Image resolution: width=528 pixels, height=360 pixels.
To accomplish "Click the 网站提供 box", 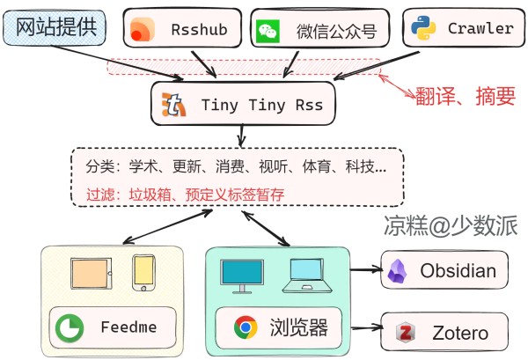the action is (55, 27).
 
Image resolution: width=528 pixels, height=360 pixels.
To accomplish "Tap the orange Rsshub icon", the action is (143, 29).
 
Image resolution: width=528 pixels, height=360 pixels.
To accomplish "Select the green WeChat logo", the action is (268, 32).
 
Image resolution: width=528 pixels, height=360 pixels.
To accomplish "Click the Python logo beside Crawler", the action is (423, 27).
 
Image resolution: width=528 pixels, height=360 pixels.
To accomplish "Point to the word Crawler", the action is (480, 28).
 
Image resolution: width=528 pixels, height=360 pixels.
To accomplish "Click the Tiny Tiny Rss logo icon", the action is (173, 105).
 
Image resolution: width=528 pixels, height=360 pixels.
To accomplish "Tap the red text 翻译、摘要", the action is (466, 96).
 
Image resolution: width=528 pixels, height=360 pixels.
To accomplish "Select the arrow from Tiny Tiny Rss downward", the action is (241, 136).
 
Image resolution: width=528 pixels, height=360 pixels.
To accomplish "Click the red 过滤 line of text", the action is (185, 195).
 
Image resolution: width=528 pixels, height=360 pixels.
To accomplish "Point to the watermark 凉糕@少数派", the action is (451, 225).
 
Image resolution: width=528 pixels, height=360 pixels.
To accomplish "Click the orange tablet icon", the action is (92, 274).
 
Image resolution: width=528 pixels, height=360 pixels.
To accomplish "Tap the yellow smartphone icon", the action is (143, 273).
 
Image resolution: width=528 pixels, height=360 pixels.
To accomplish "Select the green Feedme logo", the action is (70, 327).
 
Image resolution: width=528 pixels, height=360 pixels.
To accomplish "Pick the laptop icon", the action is (307, 276).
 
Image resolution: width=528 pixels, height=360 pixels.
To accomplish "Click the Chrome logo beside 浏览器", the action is (246, 327).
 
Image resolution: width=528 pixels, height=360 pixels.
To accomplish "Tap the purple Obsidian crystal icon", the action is (398, 271).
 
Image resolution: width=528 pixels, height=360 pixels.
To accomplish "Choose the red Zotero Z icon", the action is (406, 332).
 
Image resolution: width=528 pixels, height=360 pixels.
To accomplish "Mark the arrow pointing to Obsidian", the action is (366, 269).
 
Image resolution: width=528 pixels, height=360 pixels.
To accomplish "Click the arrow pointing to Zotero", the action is (366, 327).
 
